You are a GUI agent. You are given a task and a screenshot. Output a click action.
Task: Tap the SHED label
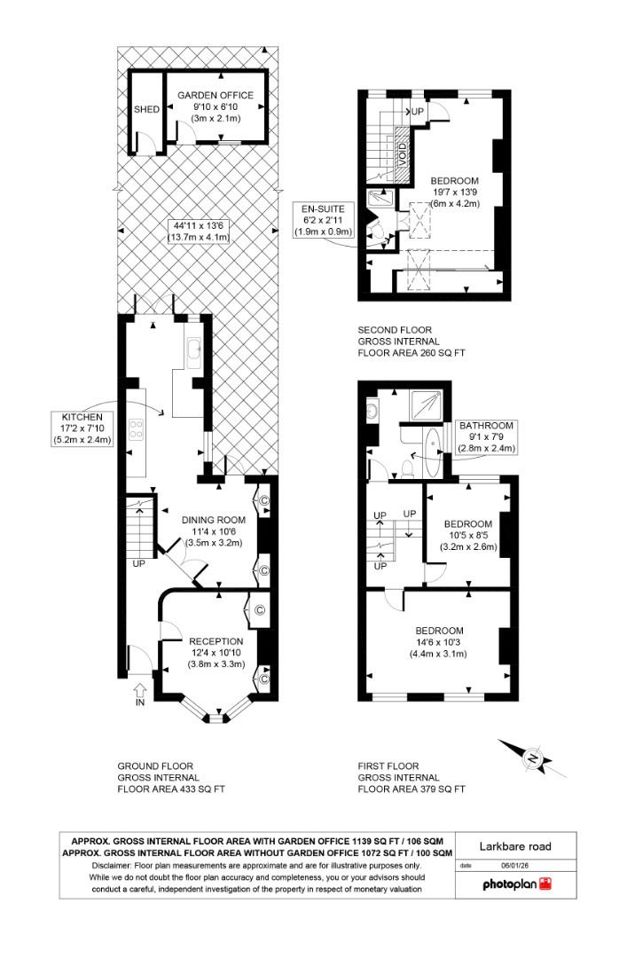(x=145, y=110)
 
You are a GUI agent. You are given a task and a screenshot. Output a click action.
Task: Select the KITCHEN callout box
(x=82, y=428)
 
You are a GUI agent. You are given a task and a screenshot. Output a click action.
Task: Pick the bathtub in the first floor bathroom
(x=431, y=452)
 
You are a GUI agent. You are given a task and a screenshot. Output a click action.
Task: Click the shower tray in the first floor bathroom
(x=426, y=405)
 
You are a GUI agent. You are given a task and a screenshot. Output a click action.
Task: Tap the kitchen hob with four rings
(x=138, y=430)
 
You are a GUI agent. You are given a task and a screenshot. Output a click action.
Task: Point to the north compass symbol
(x=532, y=758)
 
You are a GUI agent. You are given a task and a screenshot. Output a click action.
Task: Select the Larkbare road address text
(x=515, y=846)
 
